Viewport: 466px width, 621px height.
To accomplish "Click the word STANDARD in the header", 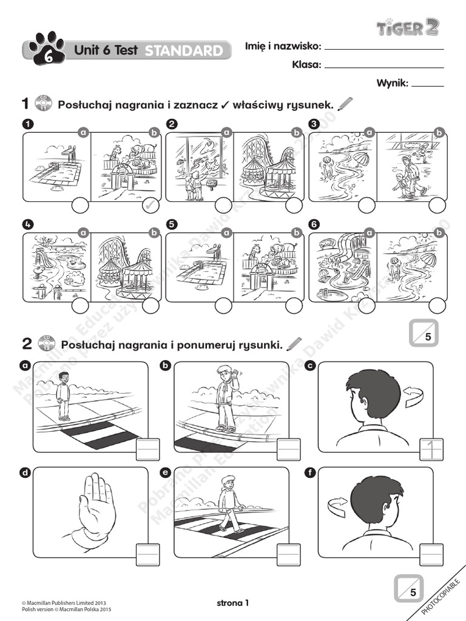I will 184,51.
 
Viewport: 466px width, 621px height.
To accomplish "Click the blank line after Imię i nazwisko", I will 384,48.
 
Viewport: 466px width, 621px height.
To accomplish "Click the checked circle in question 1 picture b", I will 151,206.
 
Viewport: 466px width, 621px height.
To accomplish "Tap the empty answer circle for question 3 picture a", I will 366,206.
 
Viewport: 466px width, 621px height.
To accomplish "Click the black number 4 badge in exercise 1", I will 27,224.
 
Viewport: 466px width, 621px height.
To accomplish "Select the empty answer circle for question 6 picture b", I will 437,306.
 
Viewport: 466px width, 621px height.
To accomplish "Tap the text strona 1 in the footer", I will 233,603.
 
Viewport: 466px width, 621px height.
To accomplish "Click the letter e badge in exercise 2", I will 164,472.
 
